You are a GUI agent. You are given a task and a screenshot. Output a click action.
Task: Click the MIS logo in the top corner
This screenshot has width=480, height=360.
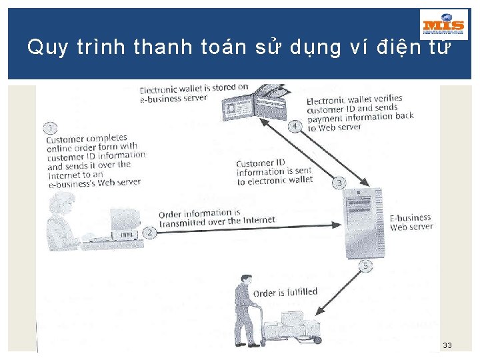coord(444,25)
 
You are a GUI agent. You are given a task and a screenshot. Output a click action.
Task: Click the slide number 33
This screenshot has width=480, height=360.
coord(447,345)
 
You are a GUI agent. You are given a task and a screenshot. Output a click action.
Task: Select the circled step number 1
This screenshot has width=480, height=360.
coord(51,128)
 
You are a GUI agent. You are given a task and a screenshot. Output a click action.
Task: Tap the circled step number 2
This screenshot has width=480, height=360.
coord(150,232)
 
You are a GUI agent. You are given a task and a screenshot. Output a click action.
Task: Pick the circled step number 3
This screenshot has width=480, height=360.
coord(339,182)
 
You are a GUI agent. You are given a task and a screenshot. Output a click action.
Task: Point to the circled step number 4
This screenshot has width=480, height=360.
coord(294,126)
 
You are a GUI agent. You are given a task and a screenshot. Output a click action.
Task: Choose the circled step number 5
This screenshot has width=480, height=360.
coord(365,267)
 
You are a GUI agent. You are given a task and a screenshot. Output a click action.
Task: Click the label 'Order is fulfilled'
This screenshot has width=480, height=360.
coord(285,293)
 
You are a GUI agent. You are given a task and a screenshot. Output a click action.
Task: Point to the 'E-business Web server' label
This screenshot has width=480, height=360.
coord(411,223)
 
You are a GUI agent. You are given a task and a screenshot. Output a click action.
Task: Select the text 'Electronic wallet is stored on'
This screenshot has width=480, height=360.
coord(193,88)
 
